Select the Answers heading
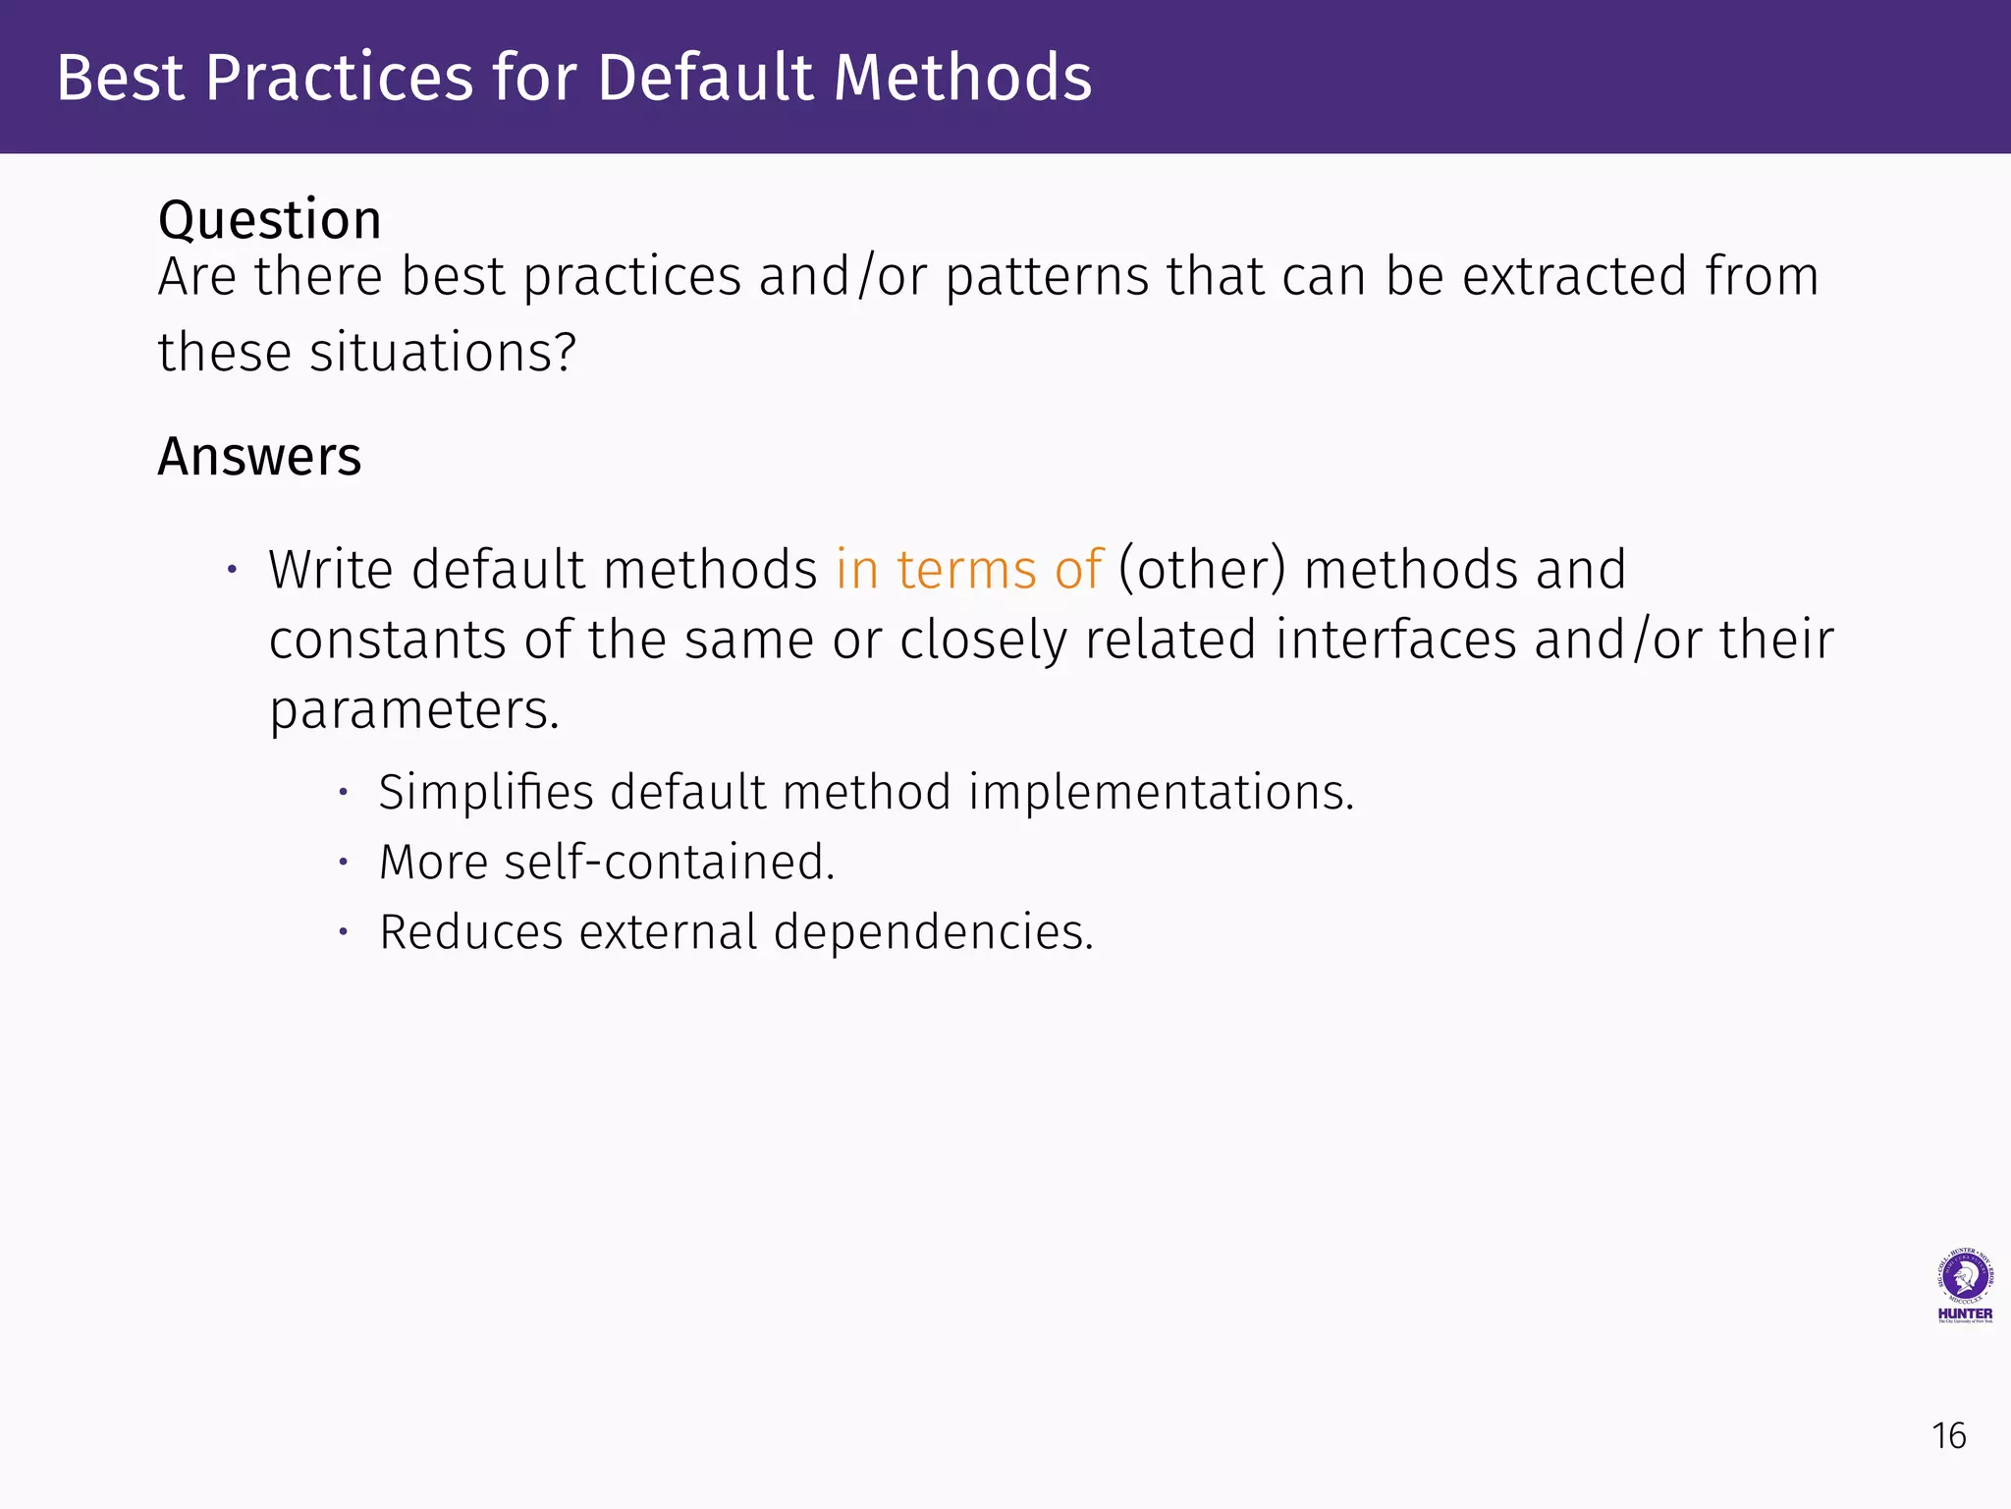(x=259, y=457)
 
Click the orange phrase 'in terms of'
(x=969, y=570)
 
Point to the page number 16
(x=1948, y=1436)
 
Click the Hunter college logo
(x=1964, y=1286)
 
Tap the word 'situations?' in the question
(x=443, y=353)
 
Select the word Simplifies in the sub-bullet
(x=485, y=792)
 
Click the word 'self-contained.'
(x=669, y=863)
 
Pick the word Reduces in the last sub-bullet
(x=470, y=932)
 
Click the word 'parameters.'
(x=414, y=709)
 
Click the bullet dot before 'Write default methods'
(x=232, y=570)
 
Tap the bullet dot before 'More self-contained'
(x=343, y=863)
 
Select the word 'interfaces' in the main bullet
(x=1396, y=640)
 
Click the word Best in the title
(x=120, y=78)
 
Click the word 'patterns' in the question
(x=1047, y=276)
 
